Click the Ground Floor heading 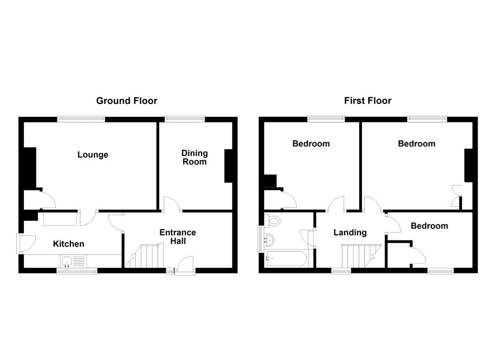coord(127,101)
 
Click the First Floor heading coord(368,101)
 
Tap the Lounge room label coord(93,155)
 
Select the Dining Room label coord(194,157)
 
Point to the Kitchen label coord(69,244)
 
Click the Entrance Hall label coord(178,237)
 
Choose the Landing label coord(350,233)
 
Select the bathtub coord(286,259)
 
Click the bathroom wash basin coord(269,240)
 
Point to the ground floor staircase coord(145,256)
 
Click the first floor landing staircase coord(361,256)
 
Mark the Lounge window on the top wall coord(81,119)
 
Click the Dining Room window coord(185,119)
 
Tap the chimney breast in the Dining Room coord(229,166)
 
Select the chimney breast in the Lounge coord(31,168)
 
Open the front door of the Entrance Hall coord(185,266)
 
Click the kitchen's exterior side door coord(26,244)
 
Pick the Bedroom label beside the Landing coord(429,226)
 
